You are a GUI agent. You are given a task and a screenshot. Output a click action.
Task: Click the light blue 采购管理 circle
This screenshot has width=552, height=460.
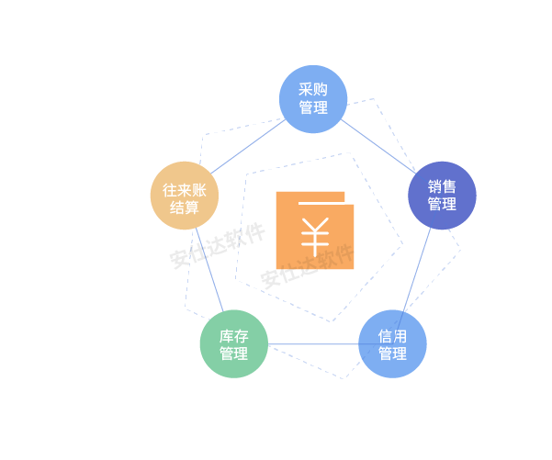[x=313, y=98]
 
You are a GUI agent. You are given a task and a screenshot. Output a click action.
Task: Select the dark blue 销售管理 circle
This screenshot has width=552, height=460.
[x=442, y=196]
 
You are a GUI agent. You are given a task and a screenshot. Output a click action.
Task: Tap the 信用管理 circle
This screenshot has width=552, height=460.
[x=392, y=344]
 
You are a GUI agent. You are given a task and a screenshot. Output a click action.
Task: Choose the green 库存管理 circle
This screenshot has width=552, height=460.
[x=233, y=344]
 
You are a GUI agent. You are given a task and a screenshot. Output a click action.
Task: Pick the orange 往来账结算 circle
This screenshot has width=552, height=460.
[x=184, y=196]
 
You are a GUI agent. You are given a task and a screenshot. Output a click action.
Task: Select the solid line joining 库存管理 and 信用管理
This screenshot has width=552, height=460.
[x=312, y=345]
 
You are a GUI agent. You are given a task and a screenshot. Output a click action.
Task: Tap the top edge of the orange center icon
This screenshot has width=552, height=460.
[x=310, y=193]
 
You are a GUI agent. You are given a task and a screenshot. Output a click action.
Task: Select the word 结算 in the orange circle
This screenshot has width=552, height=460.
[x=184, y=207]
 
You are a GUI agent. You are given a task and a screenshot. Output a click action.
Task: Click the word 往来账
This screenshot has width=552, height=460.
[x=184, y=190]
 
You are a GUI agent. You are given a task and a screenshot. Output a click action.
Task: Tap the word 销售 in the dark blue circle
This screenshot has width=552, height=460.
[x=442, y=185]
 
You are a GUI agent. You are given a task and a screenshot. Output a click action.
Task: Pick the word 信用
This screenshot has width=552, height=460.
[x=392, y=335]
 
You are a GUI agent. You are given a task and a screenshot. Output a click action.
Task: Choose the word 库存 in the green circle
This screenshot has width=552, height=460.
[x=233, y=335]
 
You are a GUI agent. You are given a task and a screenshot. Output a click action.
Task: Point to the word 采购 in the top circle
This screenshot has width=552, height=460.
[x=313, y=89]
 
